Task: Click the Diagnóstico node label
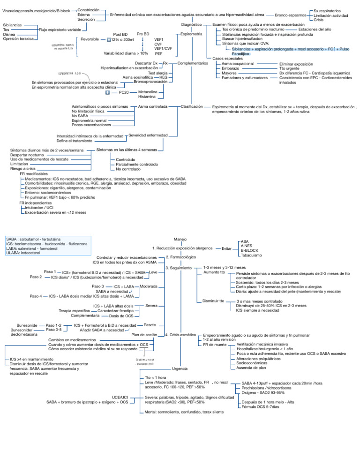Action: point(191,24)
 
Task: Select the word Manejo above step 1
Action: point(180,239)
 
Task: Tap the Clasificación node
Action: point(192,106)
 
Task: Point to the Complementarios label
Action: point(193,63)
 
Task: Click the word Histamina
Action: point(148,97)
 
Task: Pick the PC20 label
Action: point(124,93)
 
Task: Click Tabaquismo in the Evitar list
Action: point(251,255)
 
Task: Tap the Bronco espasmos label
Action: point(291,15)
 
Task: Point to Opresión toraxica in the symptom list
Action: point(18,38)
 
